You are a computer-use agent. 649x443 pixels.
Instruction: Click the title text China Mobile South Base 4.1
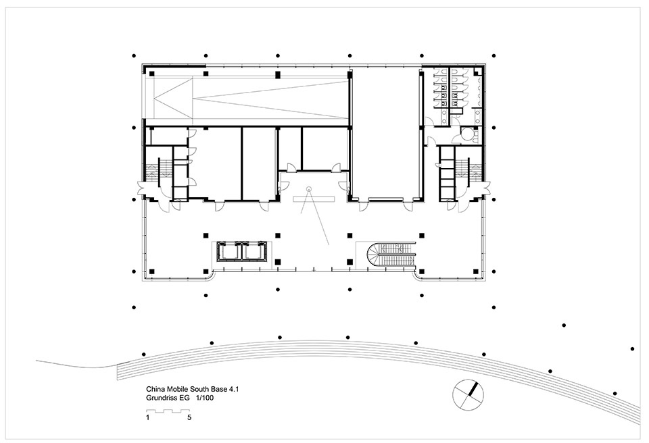pos(193,389)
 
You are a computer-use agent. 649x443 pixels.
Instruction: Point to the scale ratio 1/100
pos(205,398)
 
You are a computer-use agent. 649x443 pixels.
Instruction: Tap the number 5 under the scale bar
pos(189,417)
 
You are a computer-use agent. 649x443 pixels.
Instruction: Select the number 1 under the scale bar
pos(148,417)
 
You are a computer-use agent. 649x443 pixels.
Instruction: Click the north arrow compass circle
pos(468,394)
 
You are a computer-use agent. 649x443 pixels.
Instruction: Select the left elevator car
pos(229,252)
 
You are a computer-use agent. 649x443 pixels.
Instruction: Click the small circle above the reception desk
pos(308,189)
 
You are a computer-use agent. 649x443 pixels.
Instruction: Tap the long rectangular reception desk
pos(314,199)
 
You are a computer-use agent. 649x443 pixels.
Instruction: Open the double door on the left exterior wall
pos(141,188)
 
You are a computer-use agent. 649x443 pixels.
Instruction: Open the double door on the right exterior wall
pos(487,188)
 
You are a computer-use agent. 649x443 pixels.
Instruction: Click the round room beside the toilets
pos(468,135)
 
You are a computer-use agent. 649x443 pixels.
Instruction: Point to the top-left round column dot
pos(134,55)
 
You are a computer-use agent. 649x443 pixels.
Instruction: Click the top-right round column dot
pos(494,55)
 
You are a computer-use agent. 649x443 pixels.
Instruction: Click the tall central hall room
pos(385,132)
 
